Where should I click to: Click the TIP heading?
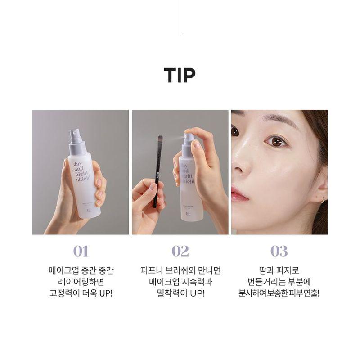[x=180, y=76]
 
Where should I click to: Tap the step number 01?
[x=81, y=251]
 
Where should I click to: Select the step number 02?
[x=180, y=251]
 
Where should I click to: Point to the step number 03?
[x=279, y=251]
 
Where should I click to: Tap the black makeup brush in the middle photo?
[x=157, y=175]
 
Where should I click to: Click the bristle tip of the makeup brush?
[x=159, y=139]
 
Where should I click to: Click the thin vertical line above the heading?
[x=180, y=18]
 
